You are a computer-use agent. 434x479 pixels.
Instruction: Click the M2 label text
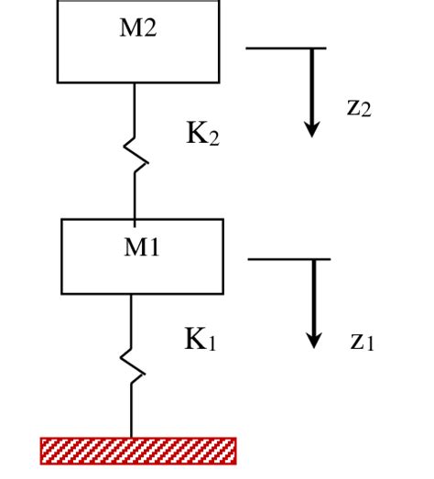click(x=138, y=27)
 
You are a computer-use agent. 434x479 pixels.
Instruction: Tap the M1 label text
click(x=142, y=246)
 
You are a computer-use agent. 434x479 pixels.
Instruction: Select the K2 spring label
click(x=202, y=136)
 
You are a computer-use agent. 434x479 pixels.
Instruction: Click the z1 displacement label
click(x=362, y=342)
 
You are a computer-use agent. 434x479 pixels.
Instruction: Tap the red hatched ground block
click(x=138, y=450)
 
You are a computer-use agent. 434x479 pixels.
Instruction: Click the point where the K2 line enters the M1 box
click(x=135, y=220)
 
